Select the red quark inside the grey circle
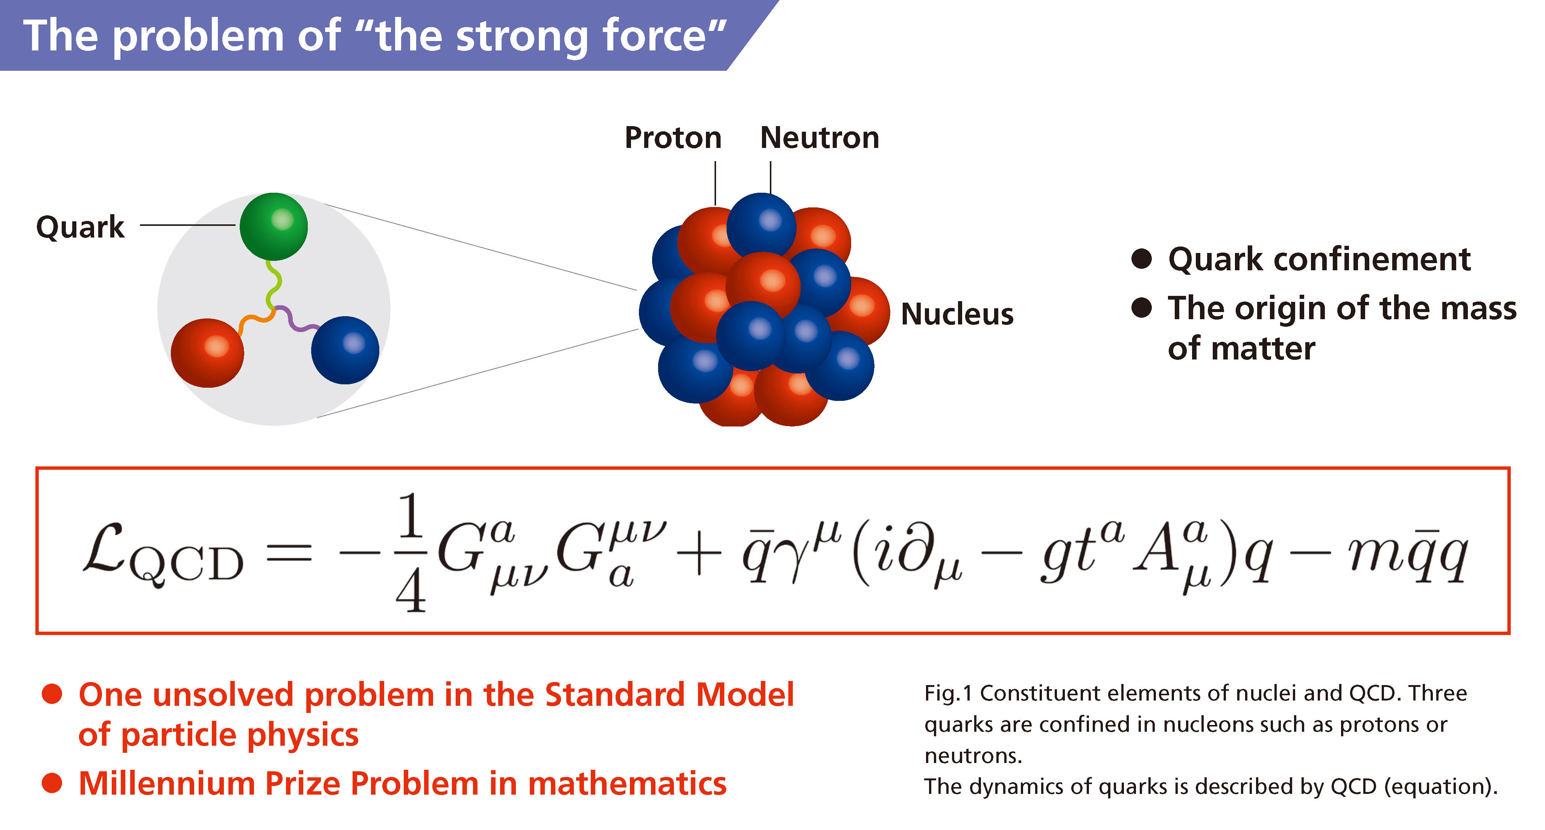click(x=208, y=353)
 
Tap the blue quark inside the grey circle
click(x=345, y=350)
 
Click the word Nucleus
click(x=957, y=314)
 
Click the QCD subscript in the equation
click(x=187, y=565)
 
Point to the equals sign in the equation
click(x=289, y=553)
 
